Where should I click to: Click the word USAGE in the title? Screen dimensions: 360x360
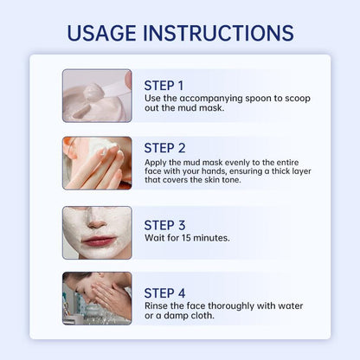pos(101,33)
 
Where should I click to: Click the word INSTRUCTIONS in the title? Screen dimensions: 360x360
pos(219,33)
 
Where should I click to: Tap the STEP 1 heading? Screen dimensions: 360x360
pos(164,86)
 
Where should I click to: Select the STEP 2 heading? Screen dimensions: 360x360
pos(164,148)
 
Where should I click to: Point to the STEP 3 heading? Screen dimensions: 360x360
pos(164,225)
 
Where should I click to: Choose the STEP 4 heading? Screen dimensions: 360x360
pos(164,293)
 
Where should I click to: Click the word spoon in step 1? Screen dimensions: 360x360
pos(258,99)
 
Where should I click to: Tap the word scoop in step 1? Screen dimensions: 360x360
pos(298,99)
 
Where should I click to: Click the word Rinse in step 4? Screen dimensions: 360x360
pos(156,305)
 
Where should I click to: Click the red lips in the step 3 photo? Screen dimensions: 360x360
pos(98,241)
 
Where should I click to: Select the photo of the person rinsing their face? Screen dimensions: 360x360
pos(97,299)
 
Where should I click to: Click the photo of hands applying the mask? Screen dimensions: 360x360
pos(97,163)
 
